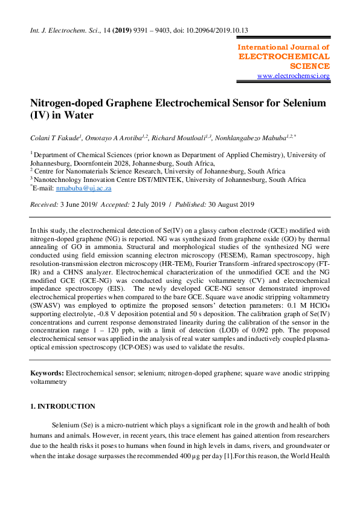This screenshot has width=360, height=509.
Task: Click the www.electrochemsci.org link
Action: point(293,76)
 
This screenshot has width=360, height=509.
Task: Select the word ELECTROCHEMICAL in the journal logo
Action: point(284,56)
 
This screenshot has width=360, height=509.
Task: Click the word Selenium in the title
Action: point(302,103)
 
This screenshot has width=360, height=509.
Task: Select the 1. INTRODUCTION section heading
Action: point(63,406)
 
